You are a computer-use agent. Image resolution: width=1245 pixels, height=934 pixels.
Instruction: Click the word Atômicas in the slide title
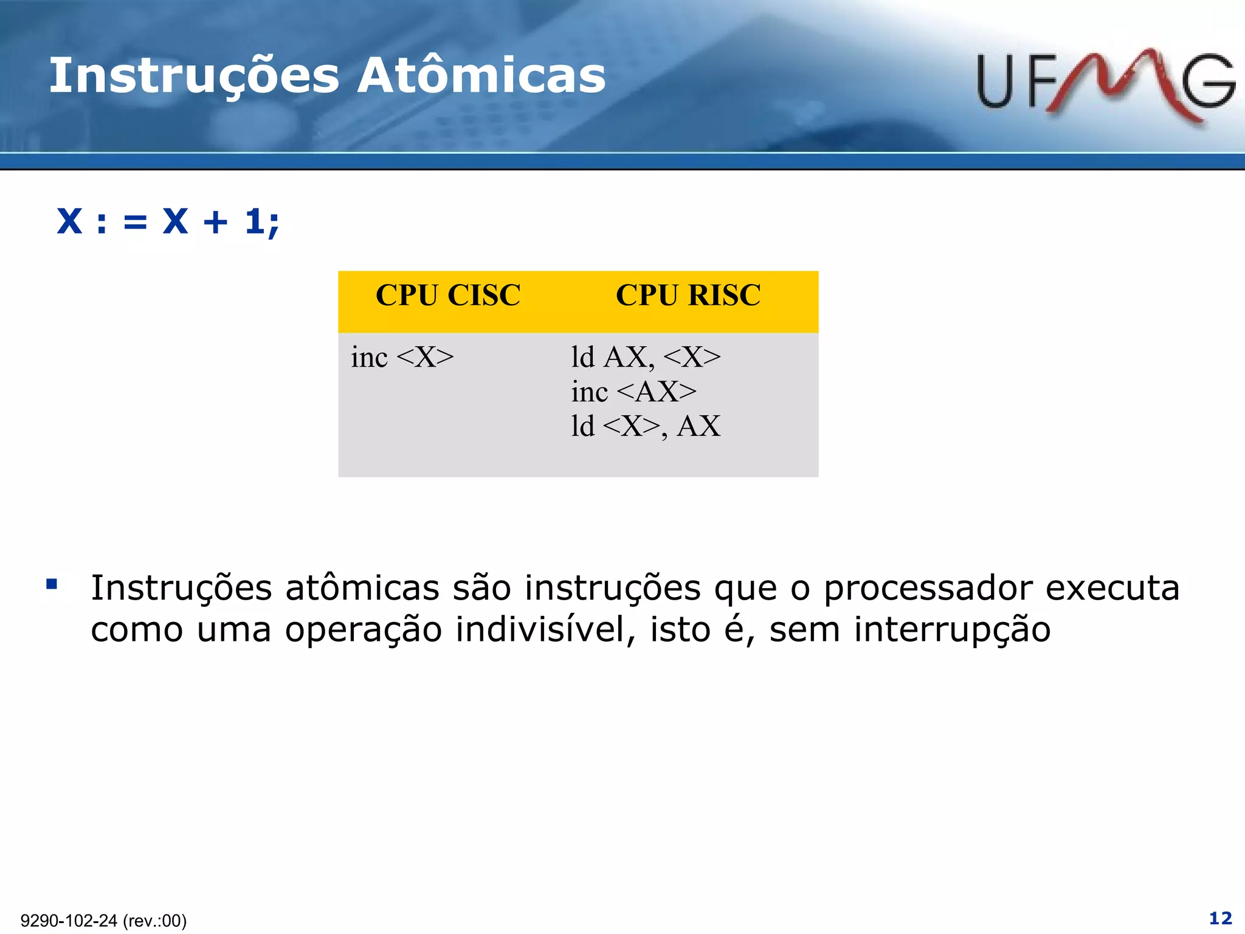point(481,75)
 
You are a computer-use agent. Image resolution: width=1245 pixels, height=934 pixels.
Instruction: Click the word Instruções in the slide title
point(194,77)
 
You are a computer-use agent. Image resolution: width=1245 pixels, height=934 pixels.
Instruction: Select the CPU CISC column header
point(448,296)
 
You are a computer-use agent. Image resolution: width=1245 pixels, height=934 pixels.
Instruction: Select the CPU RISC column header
point(688,296)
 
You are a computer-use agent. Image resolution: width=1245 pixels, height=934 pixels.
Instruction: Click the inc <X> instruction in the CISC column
point(402,357)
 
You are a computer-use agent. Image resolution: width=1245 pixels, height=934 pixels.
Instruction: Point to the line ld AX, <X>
point(646,357)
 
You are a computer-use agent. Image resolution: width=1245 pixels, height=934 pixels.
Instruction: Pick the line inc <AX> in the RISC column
point(633,392)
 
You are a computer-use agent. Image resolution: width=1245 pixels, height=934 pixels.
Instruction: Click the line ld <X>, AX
point(646,426)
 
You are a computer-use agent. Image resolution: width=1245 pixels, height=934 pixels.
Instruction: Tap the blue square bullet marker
point(52,585)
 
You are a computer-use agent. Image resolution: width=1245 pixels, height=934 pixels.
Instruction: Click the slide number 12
point(1220,918)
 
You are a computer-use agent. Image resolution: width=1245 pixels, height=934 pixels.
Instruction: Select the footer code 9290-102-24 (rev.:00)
point(103,921)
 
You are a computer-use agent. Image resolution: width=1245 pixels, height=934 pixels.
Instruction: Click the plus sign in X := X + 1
point(216,222)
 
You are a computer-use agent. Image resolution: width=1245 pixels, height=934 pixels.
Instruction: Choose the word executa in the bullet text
point(1112,589)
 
